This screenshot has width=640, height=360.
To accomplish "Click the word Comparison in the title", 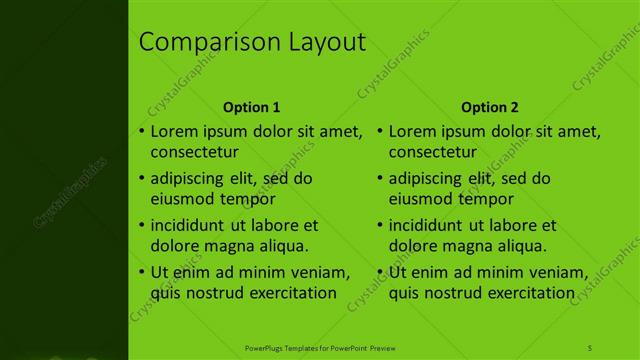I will coord(195,43).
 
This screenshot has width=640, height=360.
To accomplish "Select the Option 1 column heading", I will coord(251,107).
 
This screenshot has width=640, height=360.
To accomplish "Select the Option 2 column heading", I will coord(490,107).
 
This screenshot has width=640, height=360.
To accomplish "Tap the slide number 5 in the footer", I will coord(589,347).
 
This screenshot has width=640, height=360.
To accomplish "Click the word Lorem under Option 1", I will coord(173,131).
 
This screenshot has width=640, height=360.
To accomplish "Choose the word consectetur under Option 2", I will coord(432,153).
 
